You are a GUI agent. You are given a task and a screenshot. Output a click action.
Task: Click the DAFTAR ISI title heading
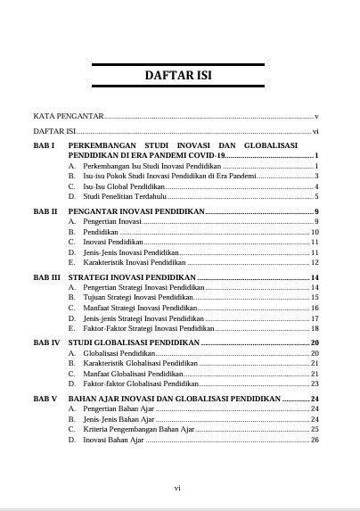pyautogui.click(x=179, y=76)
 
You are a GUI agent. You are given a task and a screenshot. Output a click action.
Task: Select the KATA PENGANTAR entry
pyautogui.click(x=68, y=117)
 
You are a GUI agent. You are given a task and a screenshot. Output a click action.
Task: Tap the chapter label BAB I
pyautogui.click(x=45, y=144)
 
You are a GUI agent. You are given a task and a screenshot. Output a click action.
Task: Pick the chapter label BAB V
pyautogui.click(x=45, y=398)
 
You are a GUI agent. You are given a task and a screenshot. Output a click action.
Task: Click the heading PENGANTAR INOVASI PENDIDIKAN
pyautogui.click(x=136, y=211)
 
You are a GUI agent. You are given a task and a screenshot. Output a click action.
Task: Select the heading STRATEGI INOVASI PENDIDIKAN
pyautogui.click(x=132, y=277)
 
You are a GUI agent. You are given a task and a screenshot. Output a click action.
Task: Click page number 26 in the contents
pyautogui.click(x=315, y=440)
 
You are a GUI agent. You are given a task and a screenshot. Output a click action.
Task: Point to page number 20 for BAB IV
pyautogui.click(x=315, y=342)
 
